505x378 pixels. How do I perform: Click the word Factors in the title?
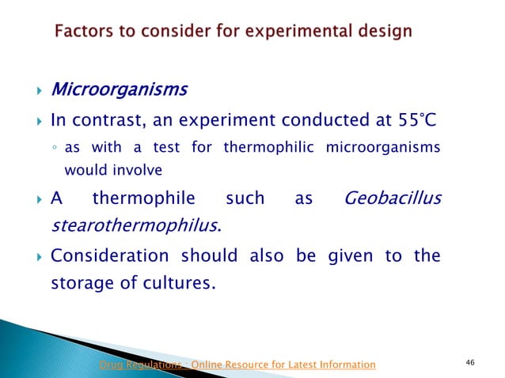click(x=83, y=32)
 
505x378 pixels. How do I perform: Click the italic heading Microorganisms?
click(x=119, y=89)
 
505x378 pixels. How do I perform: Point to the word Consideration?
click(x=108, y=256)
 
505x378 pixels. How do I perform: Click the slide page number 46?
click(x=470, y=363)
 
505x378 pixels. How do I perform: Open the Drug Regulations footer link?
click(x=237, y=365)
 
